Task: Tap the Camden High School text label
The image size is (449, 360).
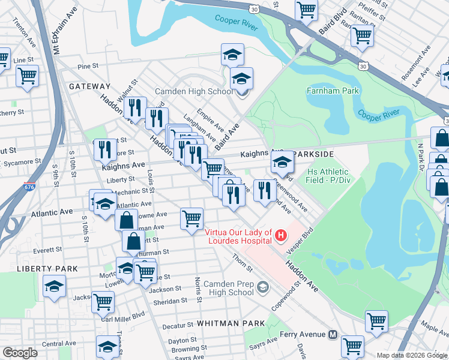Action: [x=194, y=92]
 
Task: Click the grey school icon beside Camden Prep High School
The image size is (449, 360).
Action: [x=262, y=288]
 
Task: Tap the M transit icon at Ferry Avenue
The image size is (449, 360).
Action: [x=333, y=334]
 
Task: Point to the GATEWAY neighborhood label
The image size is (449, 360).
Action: [x=89, y=86]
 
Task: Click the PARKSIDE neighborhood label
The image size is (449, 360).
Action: [x=312, y=154]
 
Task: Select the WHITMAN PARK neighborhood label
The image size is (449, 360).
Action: [x=234, y=323]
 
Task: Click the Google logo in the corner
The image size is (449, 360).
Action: [x=20, y=353]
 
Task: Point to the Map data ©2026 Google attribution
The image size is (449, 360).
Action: [x=412, y=355]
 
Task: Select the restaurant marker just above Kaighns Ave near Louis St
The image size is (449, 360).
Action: [x=106, y=149]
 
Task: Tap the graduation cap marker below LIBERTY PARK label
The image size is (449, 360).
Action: [x=54, y=286]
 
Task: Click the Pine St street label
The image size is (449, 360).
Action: [x=87, y=66]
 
